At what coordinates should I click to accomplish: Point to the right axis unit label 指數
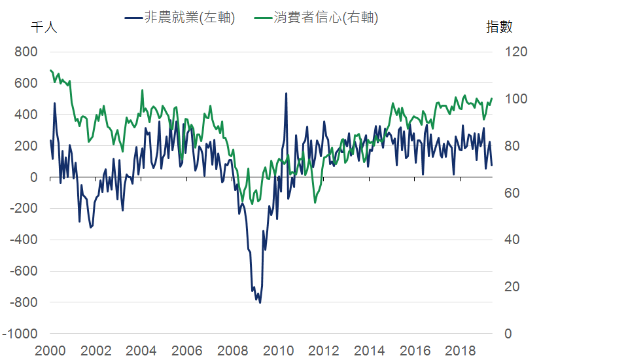[499, 27]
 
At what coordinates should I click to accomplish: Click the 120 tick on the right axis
[516, 52]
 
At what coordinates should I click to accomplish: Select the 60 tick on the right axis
[514, 193]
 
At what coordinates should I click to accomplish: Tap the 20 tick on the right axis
[514, 287]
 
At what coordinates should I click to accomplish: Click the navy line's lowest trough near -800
[260, 302]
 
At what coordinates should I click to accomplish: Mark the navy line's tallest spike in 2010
[286, 94]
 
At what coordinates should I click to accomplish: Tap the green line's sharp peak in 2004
[143, 91]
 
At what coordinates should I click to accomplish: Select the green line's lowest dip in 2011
[315, 202]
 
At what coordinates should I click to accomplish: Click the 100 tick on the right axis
[516, 99]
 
